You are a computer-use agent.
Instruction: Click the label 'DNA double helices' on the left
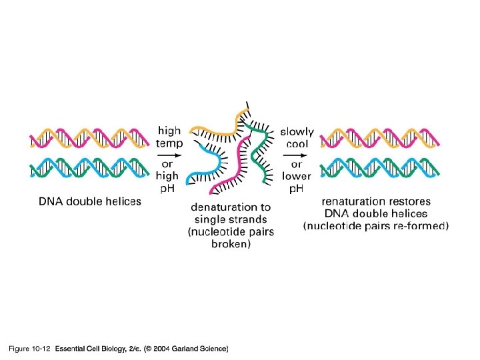[x=89, y=201]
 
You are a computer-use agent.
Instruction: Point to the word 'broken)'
[x=231, y=244]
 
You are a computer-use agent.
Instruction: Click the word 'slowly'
[x=297, y=131]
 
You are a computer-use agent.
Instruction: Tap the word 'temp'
[x=169, y=143]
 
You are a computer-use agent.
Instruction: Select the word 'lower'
[x=297, y=176]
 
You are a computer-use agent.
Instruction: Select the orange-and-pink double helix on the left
[x=89, y=138]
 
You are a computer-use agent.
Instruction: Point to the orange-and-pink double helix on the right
[x=379, y=138]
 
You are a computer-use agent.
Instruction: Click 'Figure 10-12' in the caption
[x=29, y=349]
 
